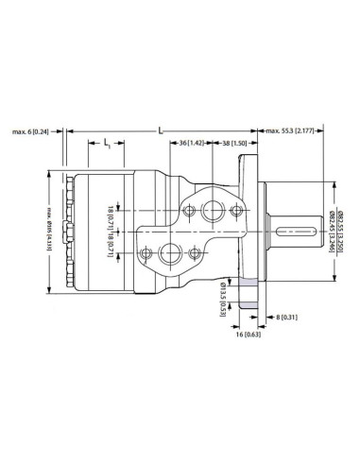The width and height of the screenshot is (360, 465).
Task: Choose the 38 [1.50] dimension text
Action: pyautogui.click(x=233, y=142)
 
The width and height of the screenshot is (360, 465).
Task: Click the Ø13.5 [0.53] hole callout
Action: pyautogui.click(x=222, y=296)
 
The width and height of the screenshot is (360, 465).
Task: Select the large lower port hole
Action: pyautogui.click(x=173, y=252)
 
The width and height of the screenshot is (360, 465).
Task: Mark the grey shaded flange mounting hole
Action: pyautogui.click(x=248, y=284)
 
